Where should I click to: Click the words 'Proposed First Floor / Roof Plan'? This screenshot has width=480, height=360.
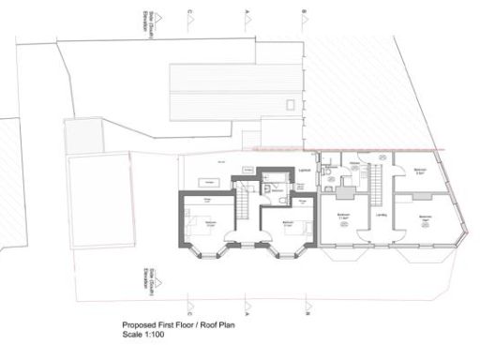click(x=171, y=326)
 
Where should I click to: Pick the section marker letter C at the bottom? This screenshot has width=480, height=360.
click(x=190, y=305)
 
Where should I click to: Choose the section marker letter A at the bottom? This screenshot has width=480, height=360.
click(x=247, y=305)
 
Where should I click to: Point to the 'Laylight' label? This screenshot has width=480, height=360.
click(x=305, y=170)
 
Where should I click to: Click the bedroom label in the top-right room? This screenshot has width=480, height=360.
click(x=421, y=171)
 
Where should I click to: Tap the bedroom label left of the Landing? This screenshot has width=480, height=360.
click(x=343, y=215)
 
